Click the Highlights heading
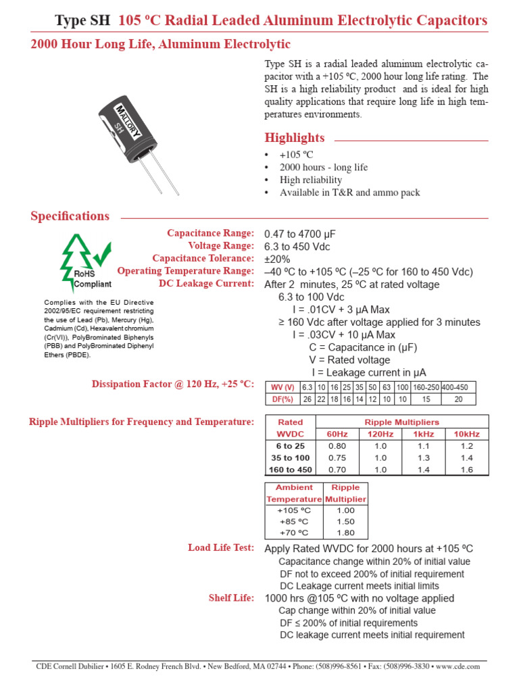tap(294, 138)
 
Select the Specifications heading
tap(70, 216)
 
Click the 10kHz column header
tap(466, 434)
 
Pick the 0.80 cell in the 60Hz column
tap(337, 446)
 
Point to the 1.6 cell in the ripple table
tap(466, 470)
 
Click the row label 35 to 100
tap(290, 458)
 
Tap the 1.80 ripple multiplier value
tap(345, 533)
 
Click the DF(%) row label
tap(282, 399)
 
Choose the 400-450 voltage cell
tap(459, 387)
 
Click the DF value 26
tap(307, 399)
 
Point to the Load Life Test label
tap(220, 547)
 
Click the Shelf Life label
tap(232, 598)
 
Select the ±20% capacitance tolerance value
tap(277, 259)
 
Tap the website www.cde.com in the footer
tap(458, 666)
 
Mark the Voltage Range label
tap(221, 246)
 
